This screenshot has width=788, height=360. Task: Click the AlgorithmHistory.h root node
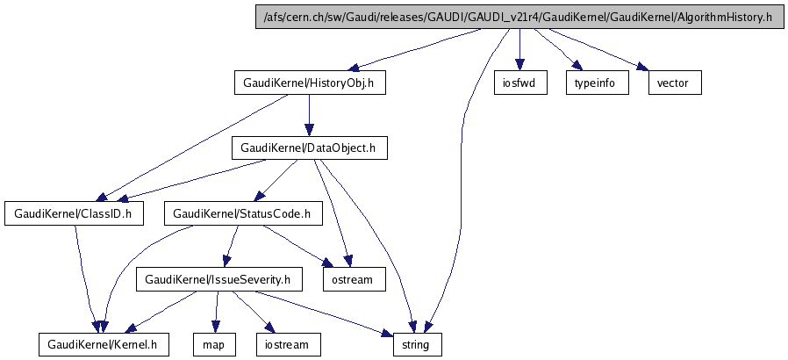point(517,17)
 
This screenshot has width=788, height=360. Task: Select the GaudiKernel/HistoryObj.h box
point(309,83)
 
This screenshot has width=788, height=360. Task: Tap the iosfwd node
point(519,83)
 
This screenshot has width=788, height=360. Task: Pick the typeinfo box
point(594,83)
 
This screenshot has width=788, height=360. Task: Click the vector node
point(674,83)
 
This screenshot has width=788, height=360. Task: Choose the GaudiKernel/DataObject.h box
point(307,148)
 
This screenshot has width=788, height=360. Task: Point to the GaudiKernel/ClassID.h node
point(74,213)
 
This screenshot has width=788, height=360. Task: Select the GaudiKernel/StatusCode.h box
point(241,213)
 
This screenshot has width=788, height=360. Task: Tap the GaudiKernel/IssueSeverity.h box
point(218,279)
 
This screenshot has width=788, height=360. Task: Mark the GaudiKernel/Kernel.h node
point(104,344)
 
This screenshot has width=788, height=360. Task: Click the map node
point(213,344)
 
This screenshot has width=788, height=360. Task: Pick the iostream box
point(288,344)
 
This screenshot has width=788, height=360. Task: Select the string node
point(416,344)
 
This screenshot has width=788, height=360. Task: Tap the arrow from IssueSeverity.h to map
point(216,312)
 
